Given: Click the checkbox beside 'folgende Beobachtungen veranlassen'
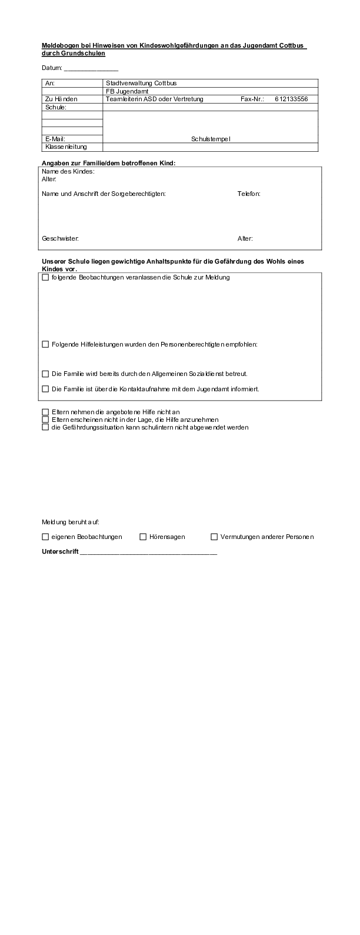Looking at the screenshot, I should tap(46, 278).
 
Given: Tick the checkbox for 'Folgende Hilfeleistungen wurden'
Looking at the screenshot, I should tap(46, 344).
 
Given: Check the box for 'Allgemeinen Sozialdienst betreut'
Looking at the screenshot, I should tap(46, 374).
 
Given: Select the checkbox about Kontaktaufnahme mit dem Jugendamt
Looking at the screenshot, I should tap(46, 389).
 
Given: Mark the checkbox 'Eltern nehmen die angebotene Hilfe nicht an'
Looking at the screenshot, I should tap(46, 412).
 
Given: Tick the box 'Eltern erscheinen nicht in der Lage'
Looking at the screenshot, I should tap(46, 420).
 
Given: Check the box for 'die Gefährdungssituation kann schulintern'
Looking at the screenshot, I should tap(46, 427).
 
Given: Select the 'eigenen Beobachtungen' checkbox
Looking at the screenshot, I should tap(46, 537).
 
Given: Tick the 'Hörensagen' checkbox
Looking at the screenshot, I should tap(143, 537).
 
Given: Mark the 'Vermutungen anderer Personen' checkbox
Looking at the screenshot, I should tap(214, 537).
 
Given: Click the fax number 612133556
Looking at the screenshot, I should tap(291, 99).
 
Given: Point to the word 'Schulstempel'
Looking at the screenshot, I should tap(211, 139).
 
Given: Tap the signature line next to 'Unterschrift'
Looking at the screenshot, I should tap(148, 553).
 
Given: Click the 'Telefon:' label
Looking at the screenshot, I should tap(249, 194).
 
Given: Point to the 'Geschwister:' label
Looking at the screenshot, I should tap(60, 238).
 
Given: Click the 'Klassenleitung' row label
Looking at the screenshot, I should tap(65, 147).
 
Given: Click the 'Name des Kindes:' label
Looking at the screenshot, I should tap(68, 172).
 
